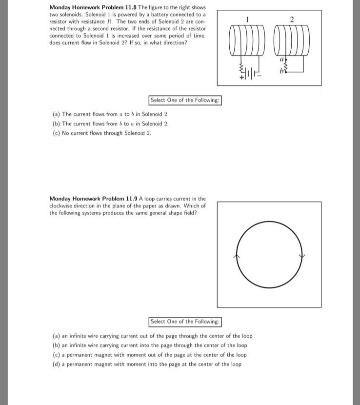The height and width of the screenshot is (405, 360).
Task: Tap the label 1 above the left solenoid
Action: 248,20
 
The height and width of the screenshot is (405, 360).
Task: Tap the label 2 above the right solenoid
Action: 291,20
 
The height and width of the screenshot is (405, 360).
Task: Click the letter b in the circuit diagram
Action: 281,72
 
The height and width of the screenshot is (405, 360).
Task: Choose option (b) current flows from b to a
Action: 110,123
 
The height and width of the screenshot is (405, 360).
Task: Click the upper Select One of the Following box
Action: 185,100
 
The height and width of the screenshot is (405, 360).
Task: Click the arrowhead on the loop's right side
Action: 302,256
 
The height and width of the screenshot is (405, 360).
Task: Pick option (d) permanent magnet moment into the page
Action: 147,364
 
